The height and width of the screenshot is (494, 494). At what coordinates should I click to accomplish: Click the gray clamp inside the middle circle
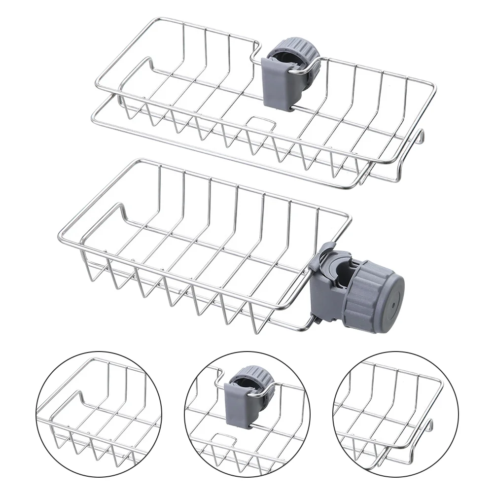click(239, 399)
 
